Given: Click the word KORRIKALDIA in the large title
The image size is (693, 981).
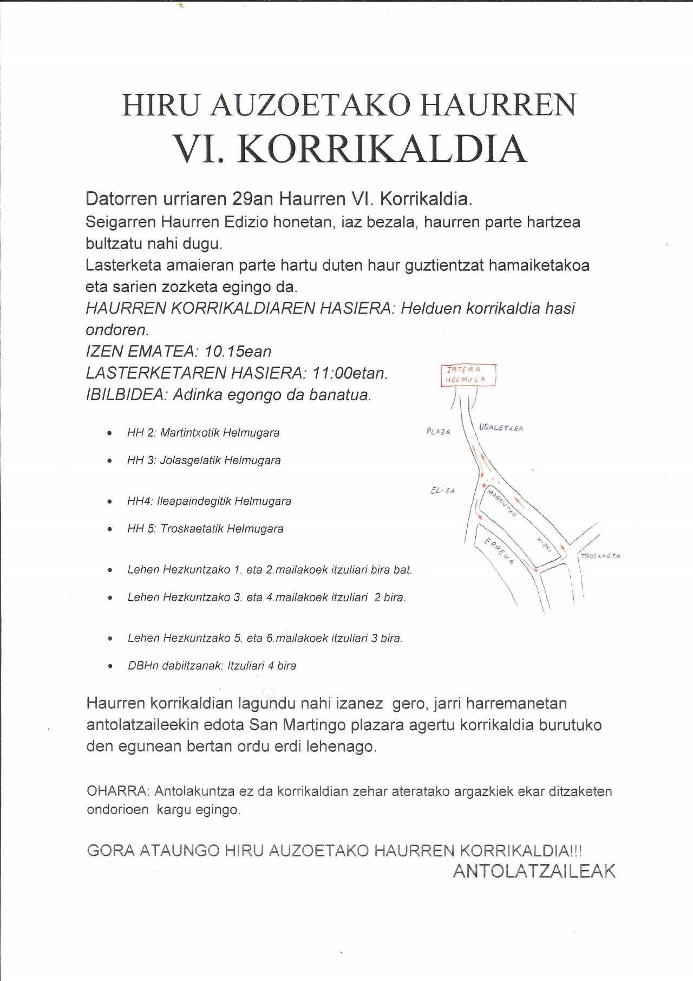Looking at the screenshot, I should [382, 149].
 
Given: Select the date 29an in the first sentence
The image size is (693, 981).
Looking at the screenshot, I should [252, 199].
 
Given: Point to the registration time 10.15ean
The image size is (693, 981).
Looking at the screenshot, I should [238, 352].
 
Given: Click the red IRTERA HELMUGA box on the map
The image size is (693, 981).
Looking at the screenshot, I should [468, 375].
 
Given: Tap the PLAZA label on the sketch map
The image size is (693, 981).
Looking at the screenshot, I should [438, 432].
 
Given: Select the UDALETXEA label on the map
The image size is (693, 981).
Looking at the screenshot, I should [501, 428].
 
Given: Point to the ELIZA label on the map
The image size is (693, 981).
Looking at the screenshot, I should [442, 490].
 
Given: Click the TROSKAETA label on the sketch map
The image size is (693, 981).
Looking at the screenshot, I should [600, 556].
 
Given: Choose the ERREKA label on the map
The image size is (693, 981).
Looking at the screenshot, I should [499, 551].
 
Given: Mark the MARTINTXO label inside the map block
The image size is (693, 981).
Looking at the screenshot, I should [501, 501].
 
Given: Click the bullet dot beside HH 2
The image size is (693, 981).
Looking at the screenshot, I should [110, 433].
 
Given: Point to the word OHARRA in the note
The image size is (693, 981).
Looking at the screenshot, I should [116, 791].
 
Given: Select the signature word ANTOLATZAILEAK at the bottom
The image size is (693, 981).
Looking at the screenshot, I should [534, 871].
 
